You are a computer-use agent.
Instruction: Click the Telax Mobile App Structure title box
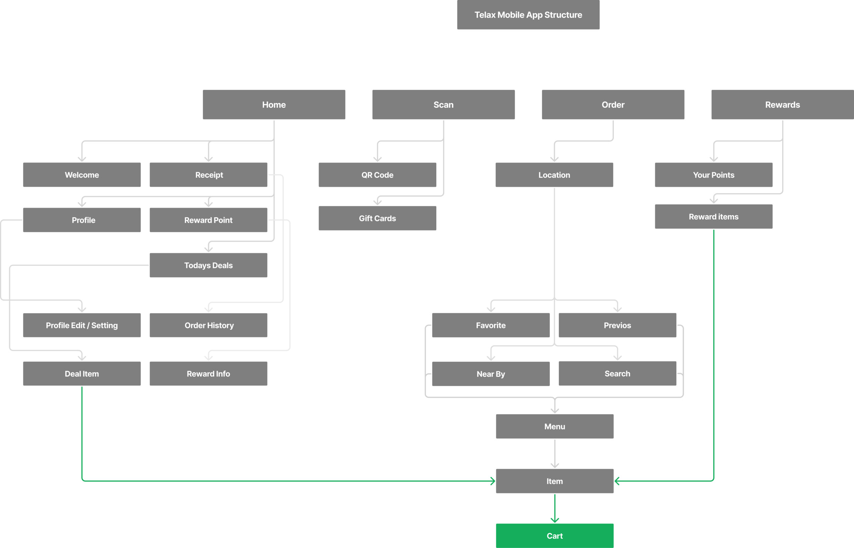click(x=528, y=15)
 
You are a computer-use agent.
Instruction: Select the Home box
click(x=274, y=104)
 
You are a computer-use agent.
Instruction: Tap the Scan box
click(x=444, y=104)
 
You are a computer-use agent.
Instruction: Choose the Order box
click(x=613, y=104)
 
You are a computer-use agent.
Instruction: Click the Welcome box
click(x=82, y=175)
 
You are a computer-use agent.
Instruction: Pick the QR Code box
click(x=377, y=175)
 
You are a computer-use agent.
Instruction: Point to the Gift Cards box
click(x=377, y=218)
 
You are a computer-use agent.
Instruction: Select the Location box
click(x=554, y=175)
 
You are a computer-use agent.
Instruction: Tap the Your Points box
click(x=714, y=175)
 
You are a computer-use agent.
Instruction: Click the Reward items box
click(x=714, y=216)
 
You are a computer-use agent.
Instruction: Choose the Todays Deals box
click(x=208, y=265)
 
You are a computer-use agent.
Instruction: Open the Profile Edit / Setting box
click(x=82, y=325)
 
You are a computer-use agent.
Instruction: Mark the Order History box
click(x=208, y=325)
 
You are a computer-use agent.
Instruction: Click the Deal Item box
click(x=82, y=374)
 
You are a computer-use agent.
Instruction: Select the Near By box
click(x=491, y=374)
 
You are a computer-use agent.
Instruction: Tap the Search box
click(x=617, y=373)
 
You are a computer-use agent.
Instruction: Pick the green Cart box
click(x=555, y=536)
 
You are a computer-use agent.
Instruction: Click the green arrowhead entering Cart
click(x=555, y=520)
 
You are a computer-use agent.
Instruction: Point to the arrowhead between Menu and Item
click(x=555, y=466)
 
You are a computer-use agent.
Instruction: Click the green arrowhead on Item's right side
click(x=617, y=481)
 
